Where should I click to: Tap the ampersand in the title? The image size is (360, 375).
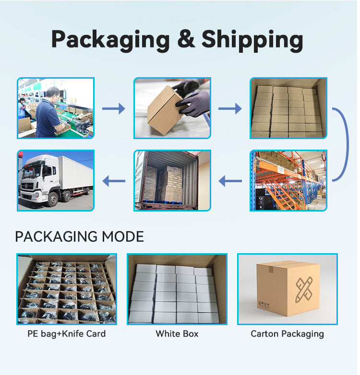pos(186,38)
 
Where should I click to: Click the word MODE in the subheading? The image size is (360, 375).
pos(123,236)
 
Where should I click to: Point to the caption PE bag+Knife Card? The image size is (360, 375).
pos(67,334)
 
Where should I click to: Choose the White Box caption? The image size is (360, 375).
pos(177,334)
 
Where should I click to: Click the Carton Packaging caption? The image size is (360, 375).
pos(287,334)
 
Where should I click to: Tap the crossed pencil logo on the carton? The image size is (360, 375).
pos(304,289)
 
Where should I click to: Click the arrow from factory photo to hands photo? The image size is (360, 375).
pos(114,108)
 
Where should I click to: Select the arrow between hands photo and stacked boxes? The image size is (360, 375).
pos(230,108)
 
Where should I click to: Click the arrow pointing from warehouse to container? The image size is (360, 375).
pos(230,181)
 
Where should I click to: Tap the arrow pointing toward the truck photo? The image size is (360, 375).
pos(114,181)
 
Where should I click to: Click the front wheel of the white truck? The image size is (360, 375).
pos(53,199)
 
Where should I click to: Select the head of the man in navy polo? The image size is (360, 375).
pos(53,94)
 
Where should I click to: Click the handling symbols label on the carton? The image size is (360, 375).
pos(264,305)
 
